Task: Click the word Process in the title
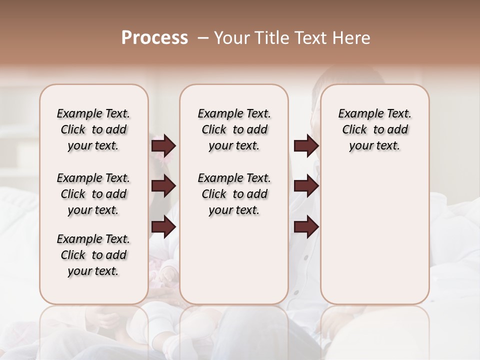coord(154,38)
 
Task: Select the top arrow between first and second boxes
coord(163,146)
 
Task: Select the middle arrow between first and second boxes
coord(163,186)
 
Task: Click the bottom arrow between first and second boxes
coord(163,227)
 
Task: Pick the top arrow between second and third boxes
coord(306,146)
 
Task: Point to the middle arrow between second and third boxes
coord(306,186)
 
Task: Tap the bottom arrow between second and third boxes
coord(306,227)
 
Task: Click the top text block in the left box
coord(93,129)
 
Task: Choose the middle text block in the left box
coord(93,194)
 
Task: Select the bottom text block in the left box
coord(93,255)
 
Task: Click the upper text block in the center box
coord(234,129)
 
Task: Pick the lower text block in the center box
coord(234,194)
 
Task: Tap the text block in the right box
coord(374,129)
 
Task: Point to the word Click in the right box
coord(354,130)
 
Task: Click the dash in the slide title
coord(203,38)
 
